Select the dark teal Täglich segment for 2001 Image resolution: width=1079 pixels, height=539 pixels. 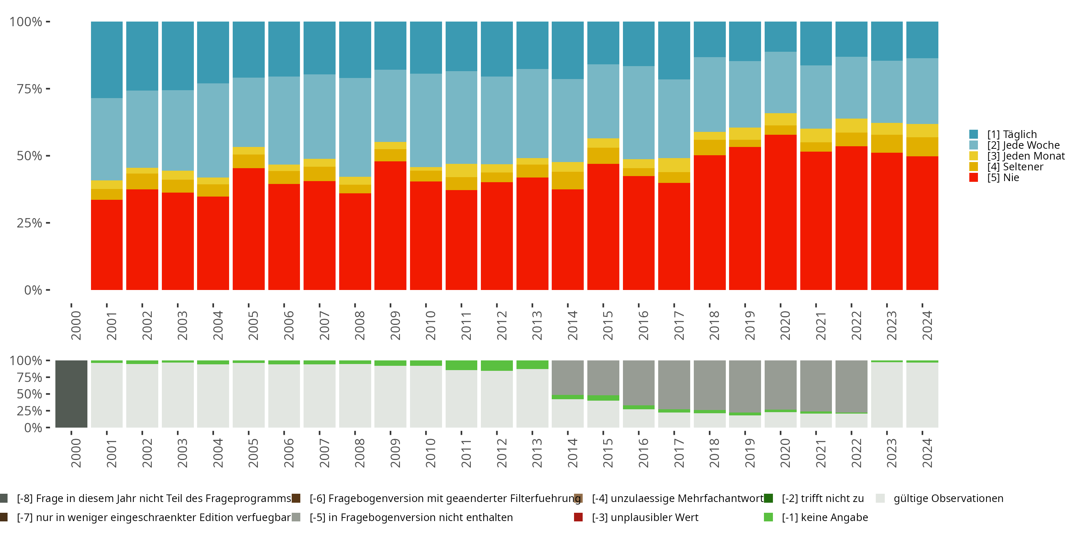coord(107,60)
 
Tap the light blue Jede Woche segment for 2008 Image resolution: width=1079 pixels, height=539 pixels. coord(355,127)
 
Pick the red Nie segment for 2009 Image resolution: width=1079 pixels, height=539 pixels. coord(390,226)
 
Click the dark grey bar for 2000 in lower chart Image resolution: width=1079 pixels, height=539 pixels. coord(71,394)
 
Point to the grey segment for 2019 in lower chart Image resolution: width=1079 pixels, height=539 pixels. coord(745,386)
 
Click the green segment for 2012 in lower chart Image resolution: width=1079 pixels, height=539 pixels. coord(497,365)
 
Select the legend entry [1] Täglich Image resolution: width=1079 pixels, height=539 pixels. coord(1011,134)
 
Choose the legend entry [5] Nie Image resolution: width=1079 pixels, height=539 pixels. coord(1003,178)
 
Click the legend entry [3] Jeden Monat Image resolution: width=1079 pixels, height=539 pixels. coord(1025,156)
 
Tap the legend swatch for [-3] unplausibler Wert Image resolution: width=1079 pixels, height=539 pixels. coord(578,517)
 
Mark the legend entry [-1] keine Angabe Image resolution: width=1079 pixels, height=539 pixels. coord(824,517)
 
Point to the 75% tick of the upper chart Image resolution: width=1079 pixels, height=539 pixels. coord(48,89)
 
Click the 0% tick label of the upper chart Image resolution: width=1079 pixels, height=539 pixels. coord(33,290)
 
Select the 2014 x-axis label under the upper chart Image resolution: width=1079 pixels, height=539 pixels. coord(572,325)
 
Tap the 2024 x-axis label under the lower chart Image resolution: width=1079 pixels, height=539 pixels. coord(927,453)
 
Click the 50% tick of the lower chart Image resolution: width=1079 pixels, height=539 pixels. coord(48,394)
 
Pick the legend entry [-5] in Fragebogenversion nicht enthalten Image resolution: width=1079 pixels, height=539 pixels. coord(410,517)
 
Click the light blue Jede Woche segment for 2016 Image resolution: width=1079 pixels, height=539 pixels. coord(638,112)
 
